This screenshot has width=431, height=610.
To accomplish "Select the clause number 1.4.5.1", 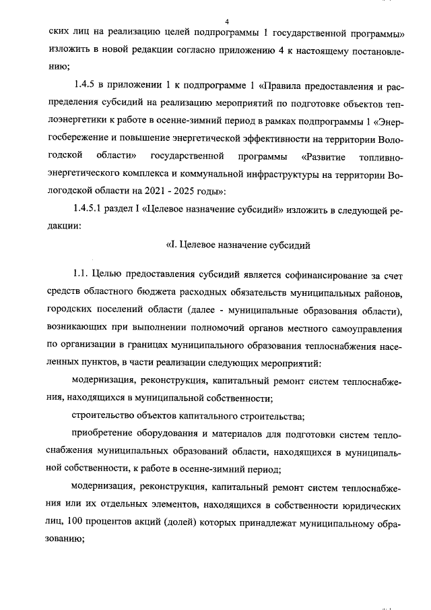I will click(x=90, y=211).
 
